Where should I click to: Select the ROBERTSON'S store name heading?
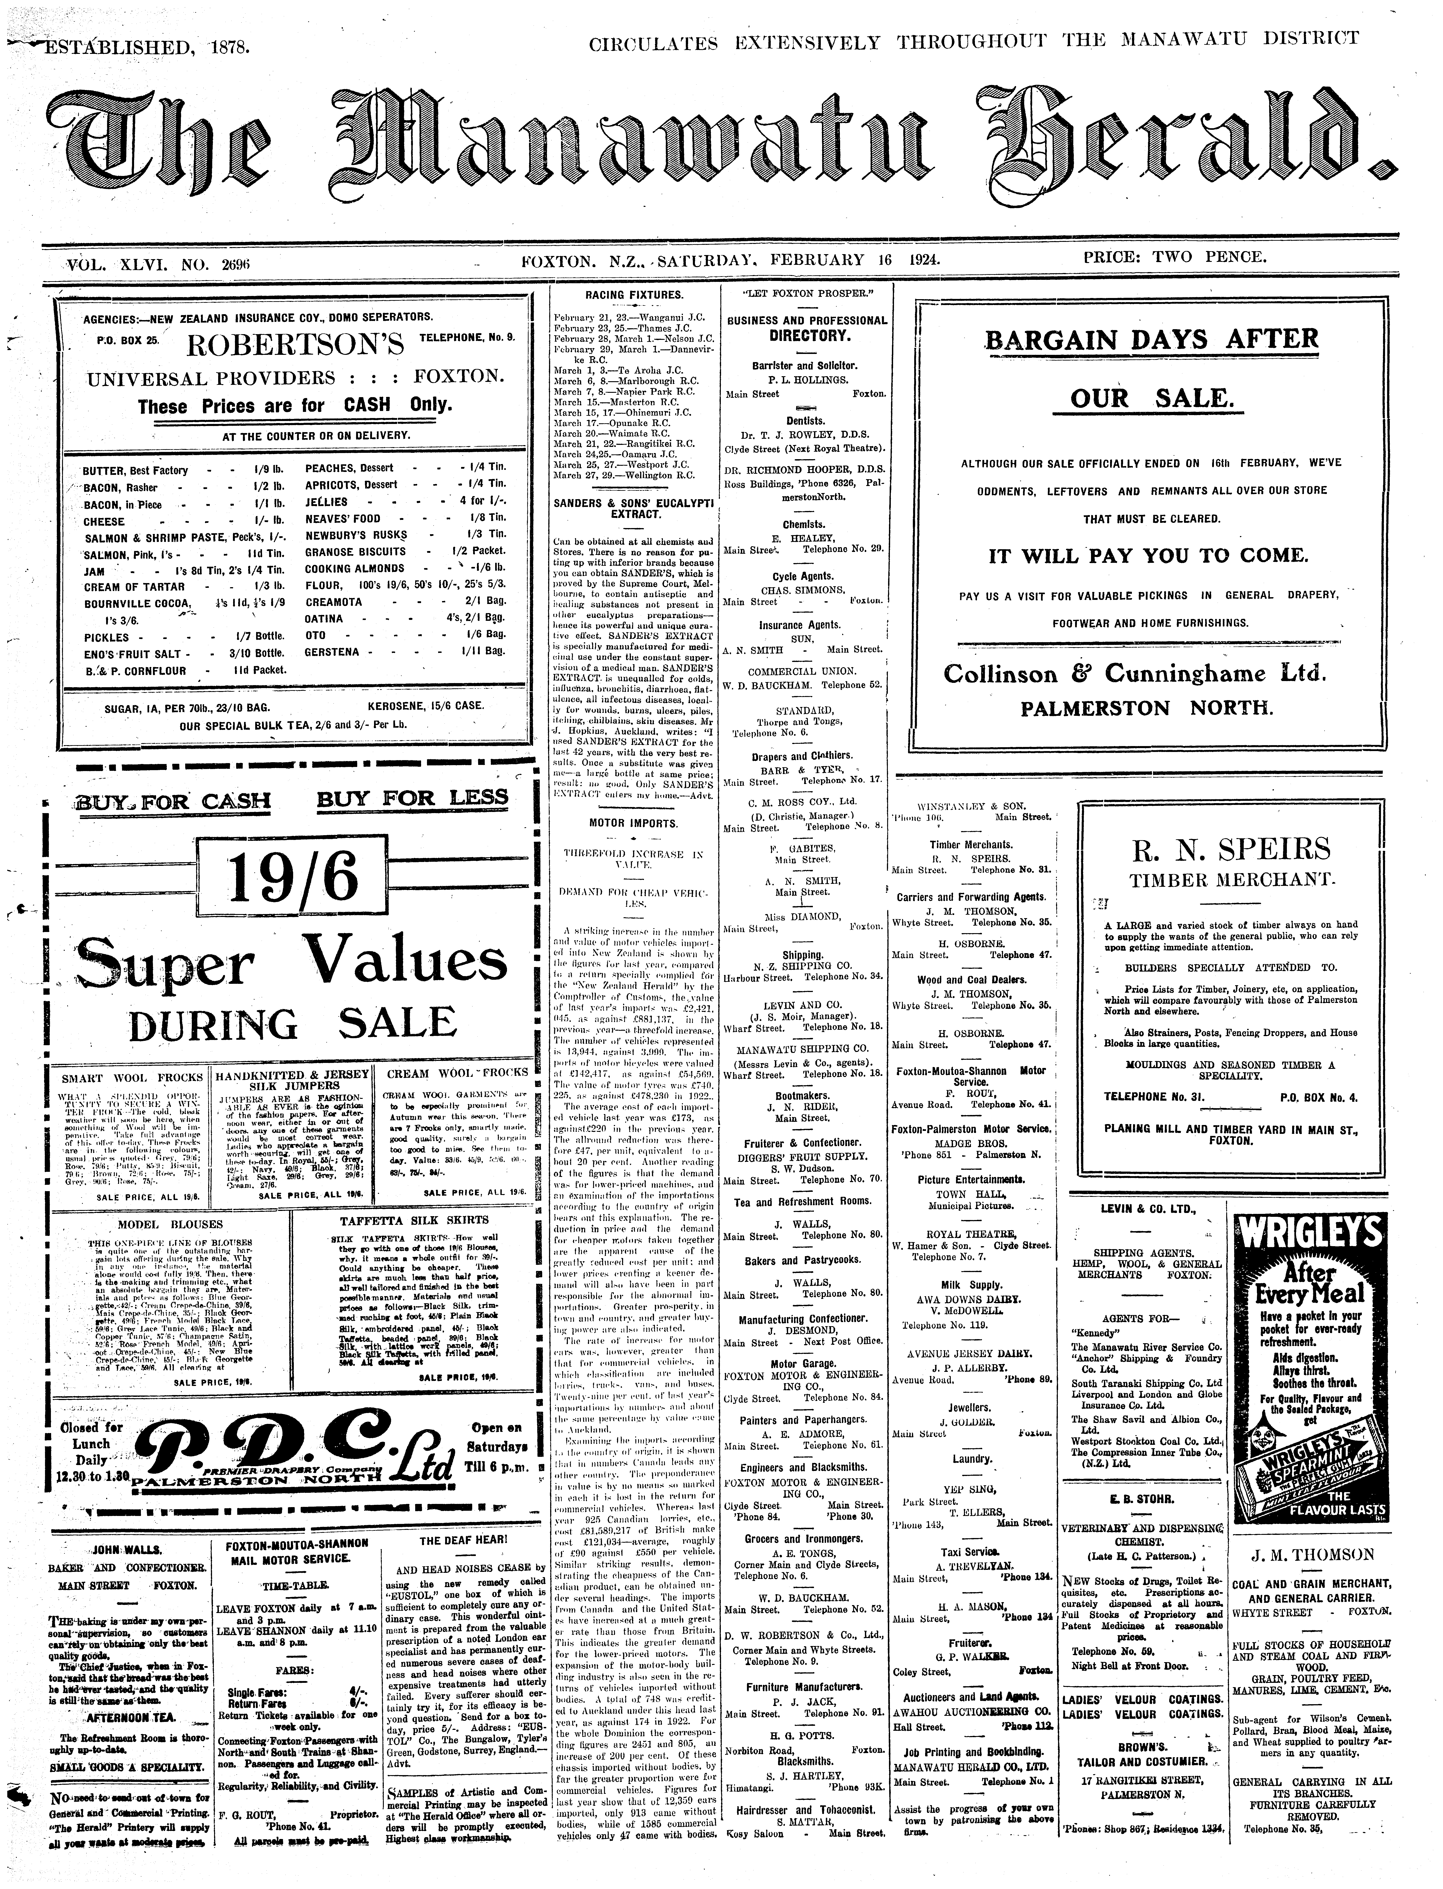point(294,345)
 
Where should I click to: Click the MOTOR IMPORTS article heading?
point(634,823)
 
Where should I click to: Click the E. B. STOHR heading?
point(1141,1499)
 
